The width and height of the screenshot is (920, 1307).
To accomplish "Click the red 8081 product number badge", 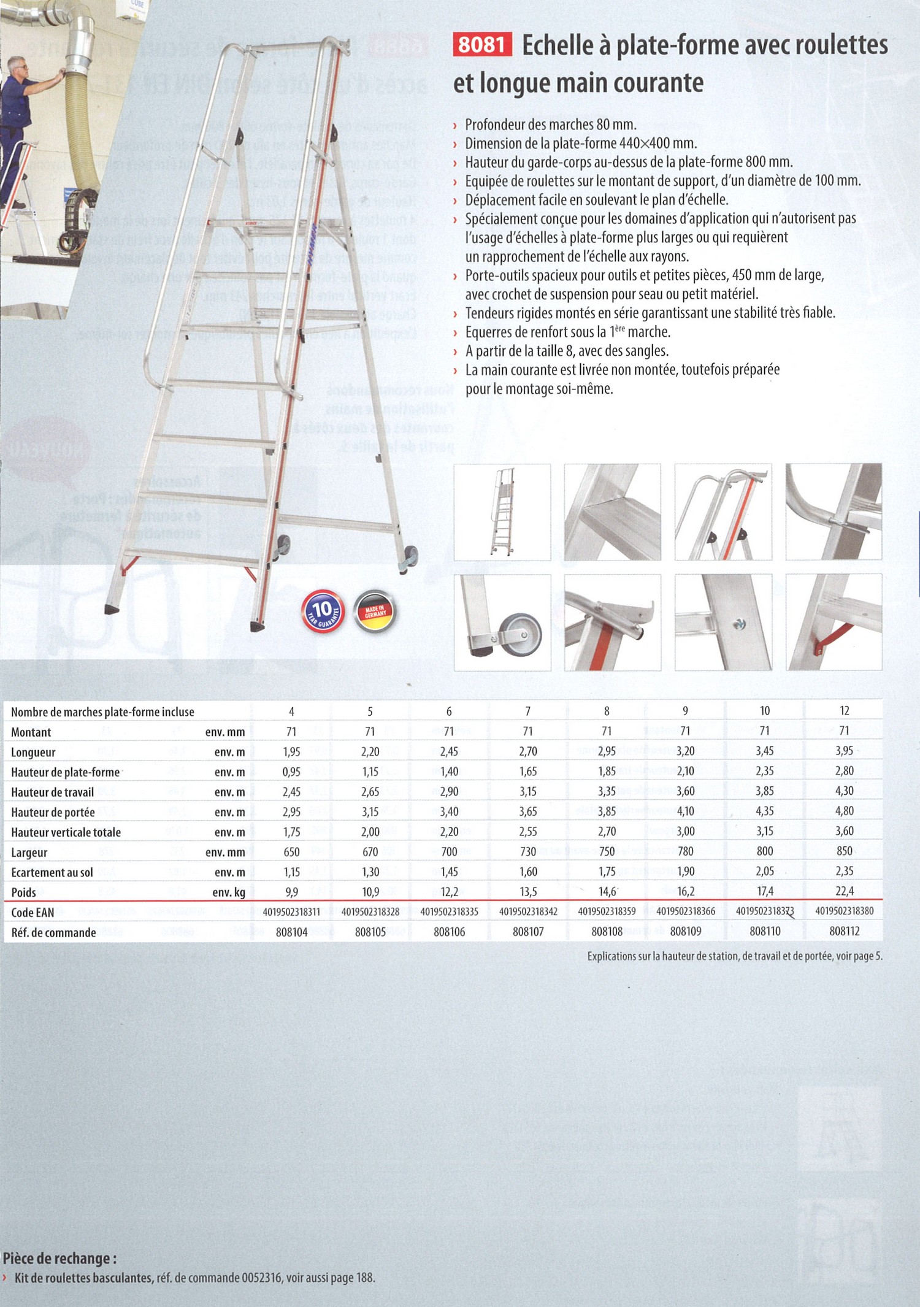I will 482,45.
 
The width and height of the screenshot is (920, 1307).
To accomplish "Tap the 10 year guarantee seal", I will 323,611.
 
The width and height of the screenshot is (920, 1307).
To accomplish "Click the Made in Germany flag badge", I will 375,611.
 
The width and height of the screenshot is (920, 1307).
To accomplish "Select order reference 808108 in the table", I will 607,932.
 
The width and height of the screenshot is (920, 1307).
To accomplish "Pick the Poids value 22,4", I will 844,891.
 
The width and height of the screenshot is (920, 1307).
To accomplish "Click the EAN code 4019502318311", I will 291,912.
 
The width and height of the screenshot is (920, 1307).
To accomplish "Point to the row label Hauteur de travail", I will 53,792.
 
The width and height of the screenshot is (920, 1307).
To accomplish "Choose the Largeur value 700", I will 449,852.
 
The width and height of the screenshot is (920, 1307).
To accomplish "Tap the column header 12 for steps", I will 844,711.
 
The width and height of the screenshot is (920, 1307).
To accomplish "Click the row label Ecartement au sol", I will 52,873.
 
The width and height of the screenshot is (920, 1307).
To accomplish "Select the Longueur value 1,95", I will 291,752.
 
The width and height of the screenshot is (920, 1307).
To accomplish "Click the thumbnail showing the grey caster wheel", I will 502,623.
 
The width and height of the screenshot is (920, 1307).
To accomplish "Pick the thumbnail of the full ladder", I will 502,512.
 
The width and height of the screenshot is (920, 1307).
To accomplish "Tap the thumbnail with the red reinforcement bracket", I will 834,623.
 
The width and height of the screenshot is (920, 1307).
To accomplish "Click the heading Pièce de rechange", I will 59,1259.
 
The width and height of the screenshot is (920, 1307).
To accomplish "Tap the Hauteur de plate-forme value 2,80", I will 844,771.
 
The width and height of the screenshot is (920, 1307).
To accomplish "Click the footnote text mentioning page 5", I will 735,956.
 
